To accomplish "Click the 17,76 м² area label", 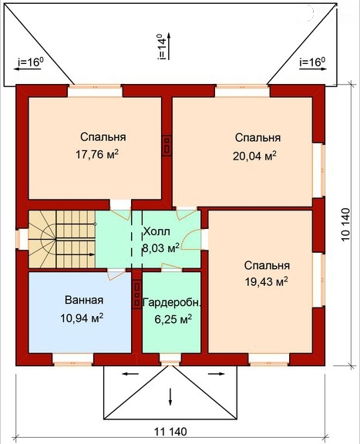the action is click(x=97, y=154).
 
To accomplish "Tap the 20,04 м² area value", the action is click(x=254, y=156).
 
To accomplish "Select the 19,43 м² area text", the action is click(x=267, y=281).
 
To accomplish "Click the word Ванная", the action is click(x=84, y=300).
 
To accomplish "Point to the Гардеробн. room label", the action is click(x=173, y=302).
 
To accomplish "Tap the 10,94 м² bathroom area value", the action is click(x=82, y=318).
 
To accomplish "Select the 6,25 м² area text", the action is click(x=173, y=319).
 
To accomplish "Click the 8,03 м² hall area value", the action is click(x=160, y=247).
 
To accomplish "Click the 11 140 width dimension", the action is click(x=170, y=432).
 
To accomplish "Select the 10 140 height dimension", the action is click(x=345, y=225).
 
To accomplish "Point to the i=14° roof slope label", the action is click(x=162, y=47).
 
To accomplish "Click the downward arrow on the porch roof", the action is click(x=170, y=397).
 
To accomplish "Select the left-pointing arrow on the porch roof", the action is click(x=130, y=374).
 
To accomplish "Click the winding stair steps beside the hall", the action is click(x=62, y=239).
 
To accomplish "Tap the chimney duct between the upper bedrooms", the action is click(x=167, y=145).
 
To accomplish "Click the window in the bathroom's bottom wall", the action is click(x=72, y=359).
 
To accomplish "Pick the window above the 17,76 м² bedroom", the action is click(x=95, y=91).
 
